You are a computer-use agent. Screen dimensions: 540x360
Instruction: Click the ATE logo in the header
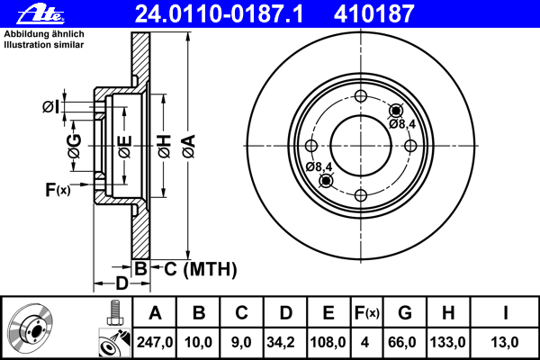click(x=40, y=14)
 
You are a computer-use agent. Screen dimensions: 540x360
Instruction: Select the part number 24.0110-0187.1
click(x=219, y=14)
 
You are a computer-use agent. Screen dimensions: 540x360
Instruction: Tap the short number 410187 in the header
click(x=374, y=14)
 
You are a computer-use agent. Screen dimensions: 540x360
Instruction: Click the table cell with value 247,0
click(x=155, y=342)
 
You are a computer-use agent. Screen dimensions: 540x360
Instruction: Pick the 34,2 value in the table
click(x=280, y=342)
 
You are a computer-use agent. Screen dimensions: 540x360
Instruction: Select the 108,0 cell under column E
click(x=328, y=342)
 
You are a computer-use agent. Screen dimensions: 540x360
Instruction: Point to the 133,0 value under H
click(x=447, y=342)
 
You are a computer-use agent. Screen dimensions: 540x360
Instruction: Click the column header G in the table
click(x=405, y=313)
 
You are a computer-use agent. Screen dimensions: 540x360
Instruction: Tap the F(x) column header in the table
click(x=367, y=313)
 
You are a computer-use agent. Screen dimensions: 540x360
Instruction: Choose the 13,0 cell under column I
click(x=505, y=342)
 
